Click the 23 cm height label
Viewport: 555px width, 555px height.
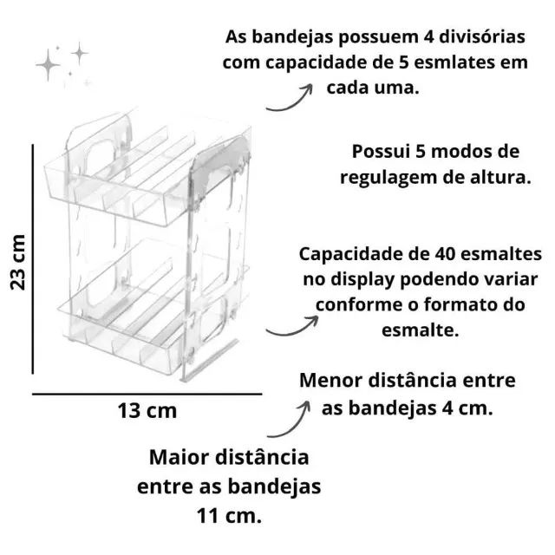click(x=17, y=262)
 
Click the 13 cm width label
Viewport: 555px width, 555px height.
click(x=147, y=411)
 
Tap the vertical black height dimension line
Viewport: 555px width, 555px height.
click(x=33, y=258)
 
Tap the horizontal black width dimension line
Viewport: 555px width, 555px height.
click(x=147, y=394)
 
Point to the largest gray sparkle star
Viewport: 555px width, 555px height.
click(x=48, y=65)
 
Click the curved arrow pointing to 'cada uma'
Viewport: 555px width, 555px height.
click(x=290, y=98)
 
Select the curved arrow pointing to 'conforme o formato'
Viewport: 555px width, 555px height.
click(x=292, y=326)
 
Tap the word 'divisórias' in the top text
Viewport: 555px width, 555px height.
click(x=482, y=36)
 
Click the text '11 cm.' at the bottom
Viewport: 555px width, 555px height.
click(x=229, y=516)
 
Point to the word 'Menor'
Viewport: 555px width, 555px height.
click(x=330, y=381)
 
